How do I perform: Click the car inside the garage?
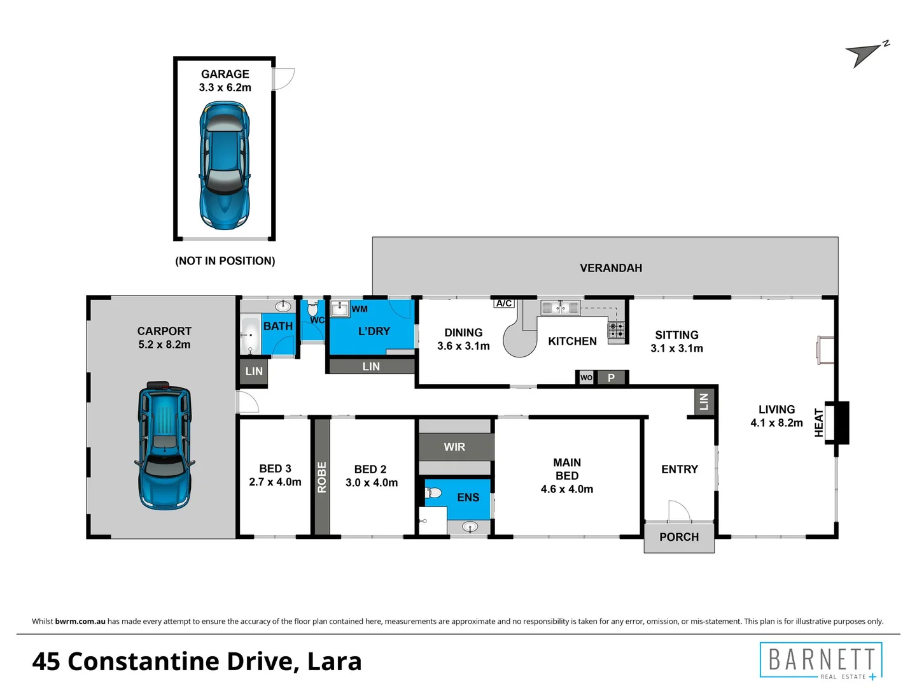pyautogui.click(x=224, y=166)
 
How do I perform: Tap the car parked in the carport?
pyautogui.click(x=164, y=445)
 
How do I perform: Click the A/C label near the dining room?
pyautogui.click(x=504, y=303)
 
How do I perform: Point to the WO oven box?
pyautogui.click(x=586, y=378)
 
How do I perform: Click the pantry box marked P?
pyautogui.click(x=611, y=378)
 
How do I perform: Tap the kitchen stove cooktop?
pyautogui.click(x=616, y=330)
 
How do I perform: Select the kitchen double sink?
pyautogui.click(x=560, y=308)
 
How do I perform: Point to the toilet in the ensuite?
pyautogui.click(x=433, y=493)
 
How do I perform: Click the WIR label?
pyautogui.click(x=454, y=447)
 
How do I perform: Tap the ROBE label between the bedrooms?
pyautogui.click(x=321, y=477)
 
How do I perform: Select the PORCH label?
pyautogui.click(x=679, y=537)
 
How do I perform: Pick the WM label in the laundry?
pyautogui.click(x=360, y=309)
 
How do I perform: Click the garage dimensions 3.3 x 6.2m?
pyautogui.click(x=225, y=87)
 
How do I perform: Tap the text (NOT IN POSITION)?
pyautogui.click(x=225, y=261)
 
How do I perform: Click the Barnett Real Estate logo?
pyautogui.click(x=821, y=661)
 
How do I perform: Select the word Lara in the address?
pyautogui.click(x=334, y=661)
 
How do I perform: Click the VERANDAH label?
pyautogui.click(x=611, y=268)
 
